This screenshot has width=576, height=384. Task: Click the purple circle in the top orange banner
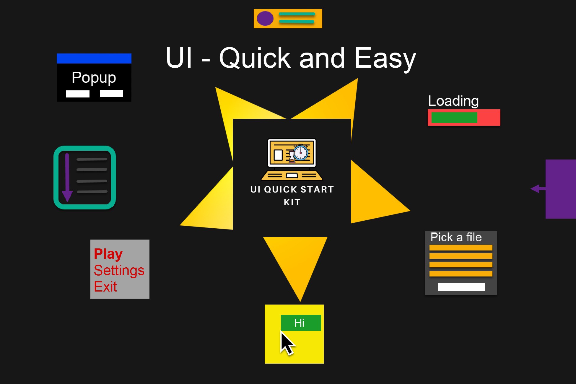(x=265, y=18)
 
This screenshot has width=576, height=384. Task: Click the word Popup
(x=94, y=78)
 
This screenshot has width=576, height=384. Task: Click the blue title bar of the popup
(x=94, y=58)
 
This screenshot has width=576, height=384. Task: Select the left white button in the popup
(x=78, y=94)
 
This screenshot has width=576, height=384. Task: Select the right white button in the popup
(x=111, y=94)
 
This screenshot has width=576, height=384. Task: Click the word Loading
(x=453, y=101)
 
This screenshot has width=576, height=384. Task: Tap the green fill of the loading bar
(x=454, y=118)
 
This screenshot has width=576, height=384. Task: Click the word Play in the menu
(x=108, y=254)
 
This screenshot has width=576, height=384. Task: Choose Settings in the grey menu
(x=119, y=270)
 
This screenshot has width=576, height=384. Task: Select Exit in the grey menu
(x=105, y=287)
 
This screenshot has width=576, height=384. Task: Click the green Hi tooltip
(x=300, y=323)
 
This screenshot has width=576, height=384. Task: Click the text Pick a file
(x=456, y=237)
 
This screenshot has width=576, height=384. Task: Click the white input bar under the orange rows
(x=461, y=287)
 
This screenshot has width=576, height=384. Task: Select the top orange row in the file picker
(x=461, y=248)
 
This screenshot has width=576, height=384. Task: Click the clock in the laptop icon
(x=301, y=153)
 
